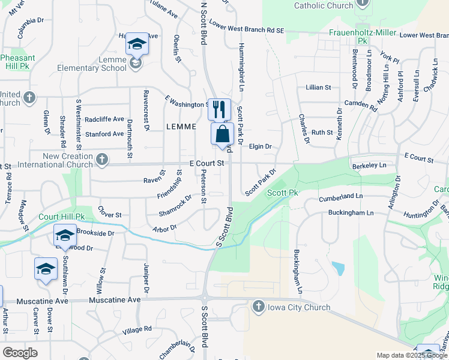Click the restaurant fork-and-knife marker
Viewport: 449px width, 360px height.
point(219,109)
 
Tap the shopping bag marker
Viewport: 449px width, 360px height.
point(222,133)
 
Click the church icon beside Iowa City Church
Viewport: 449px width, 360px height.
point(259,307)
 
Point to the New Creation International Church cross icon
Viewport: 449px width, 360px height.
point(102,160)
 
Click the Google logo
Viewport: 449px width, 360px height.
point(20,353)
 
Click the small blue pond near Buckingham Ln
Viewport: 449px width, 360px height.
point(338,268)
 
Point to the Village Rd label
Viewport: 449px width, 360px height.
point(137,329)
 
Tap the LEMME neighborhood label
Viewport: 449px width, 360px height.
point(181,127)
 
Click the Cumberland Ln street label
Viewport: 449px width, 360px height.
point(342,196)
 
